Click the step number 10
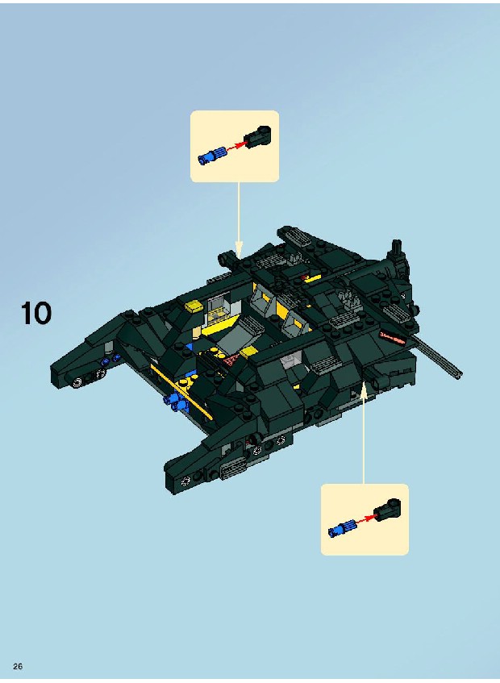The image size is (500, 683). coord(36,314)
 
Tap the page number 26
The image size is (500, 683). coord(18,666)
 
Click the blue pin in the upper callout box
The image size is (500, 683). coord(211,156)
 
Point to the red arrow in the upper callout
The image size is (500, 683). coord(235,145)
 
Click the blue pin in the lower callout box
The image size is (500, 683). coord(342,529)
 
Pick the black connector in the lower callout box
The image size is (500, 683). coord(387,510)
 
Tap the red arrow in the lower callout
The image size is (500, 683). coord(366,518)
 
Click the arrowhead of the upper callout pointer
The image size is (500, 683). coord(238,252)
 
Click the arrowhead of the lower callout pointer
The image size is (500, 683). coord(364,388)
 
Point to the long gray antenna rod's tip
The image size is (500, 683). coord(459,374)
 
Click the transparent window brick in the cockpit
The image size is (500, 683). coord(216,310)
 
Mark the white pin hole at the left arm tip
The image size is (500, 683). coord(77,383)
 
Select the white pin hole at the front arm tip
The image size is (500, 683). coord(186,481)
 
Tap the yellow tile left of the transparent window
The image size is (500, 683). coord(194,306)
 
